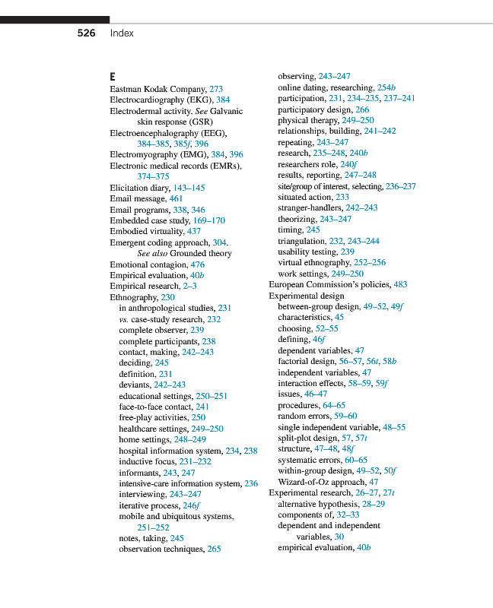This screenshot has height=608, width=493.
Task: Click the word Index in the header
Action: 122,33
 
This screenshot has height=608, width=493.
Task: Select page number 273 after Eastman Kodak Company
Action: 216,89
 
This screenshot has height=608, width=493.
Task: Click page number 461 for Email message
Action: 176,198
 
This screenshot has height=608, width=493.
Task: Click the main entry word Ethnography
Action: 134,297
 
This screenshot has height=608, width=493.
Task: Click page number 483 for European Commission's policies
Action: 400,285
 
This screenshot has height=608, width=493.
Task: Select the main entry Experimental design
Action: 306,296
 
